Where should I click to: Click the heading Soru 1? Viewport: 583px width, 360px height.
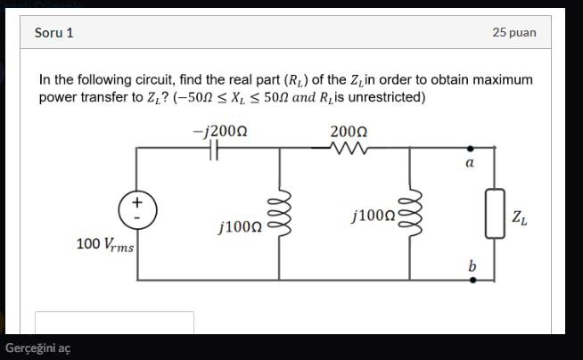(x=53, y=33)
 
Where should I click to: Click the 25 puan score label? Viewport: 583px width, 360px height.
(x=513, y=33)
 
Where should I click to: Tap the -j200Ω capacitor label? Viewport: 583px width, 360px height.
(x=219, y=131)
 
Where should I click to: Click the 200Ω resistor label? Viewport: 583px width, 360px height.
(x=348, y=132)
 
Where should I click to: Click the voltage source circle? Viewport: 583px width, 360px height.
(x=136, y=210)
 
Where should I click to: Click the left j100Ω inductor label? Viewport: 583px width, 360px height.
(x=239, y=227)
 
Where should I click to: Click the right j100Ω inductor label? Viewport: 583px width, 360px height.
(x=374, y=215)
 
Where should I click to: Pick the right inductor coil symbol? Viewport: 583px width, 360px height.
(x=411, y=214)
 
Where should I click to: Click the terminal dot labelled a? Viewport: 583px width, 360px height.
(x=472, y=150)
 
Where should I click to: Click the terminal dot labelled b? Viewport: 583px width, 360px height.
(x=472, y=279)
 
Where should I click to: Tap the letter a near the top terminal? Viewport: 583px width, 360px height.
(x=470, y=164)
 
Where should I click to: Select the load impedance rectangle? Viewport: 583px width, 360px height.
(x=493, y=214)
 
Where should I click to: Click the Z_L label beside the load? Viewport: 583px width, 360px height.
(x=520, y=217)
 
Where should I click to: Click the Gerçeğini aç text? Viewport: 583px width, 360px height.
(x=37, y=348)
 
